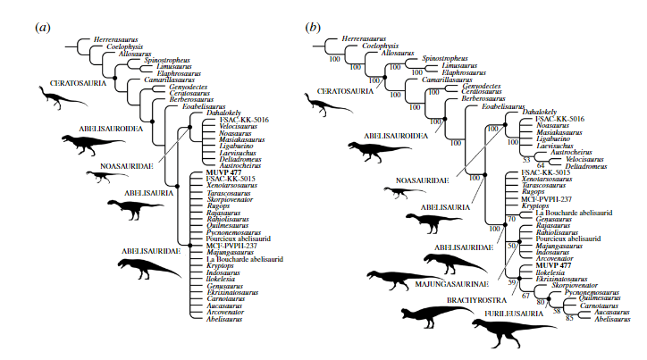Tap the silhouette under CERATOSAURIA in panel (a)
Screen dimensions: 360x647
[x=61, y=96]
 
